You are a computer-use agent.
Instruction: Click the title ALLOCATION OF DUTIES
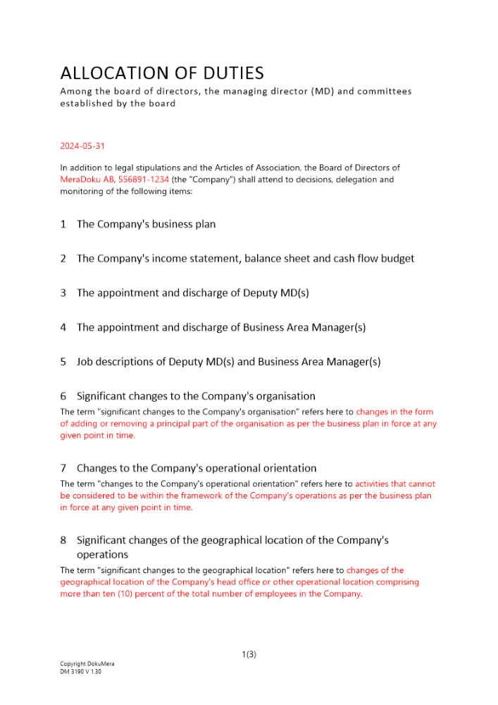tap(162, 73)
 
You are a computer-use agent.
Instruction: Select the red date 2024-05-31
tap(82, 146)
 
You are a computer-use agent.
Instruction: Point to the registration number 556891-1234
tap(144, 180)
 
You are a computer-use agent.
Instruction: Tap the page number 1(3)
tap(249, 654)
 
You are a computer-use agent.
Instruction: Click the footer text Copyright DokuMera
tap(87, 664)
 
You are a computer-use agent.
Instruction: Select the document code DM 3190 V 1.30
tap(81, 671)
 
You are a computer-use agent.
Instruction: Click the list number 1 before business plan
tap(63, 224)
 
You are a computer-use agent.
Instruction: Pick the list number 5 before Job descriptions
tap(63, 362)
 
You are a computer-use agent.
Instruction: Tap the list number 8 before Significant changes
tap(63, 540)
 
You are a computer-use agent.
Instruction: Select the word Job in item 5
tap(86, 362)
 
